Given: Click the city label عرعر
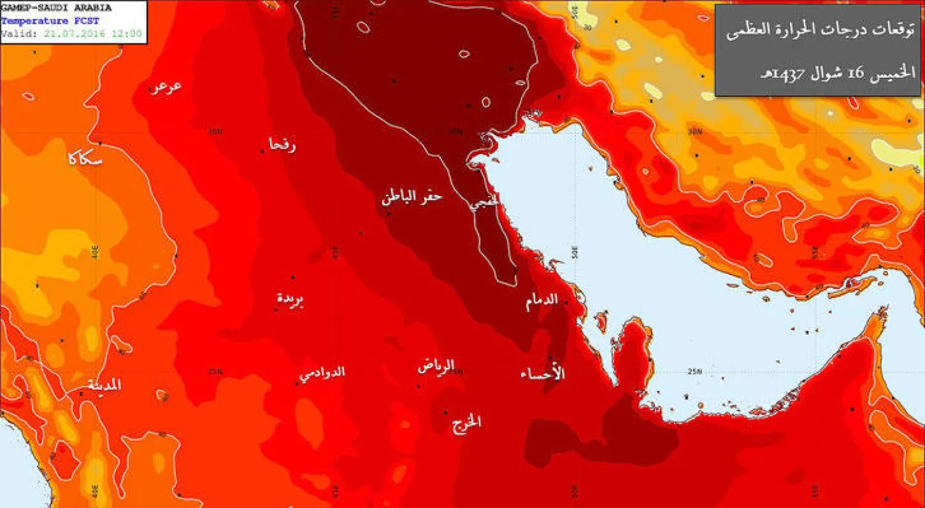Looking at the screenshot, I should [166, 87].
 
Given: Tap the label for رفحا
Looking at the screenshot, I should [282, 145].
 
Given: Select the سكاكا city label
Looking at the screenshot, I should [84, 158].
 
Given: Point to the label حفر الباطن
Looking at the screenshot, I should [412, 197].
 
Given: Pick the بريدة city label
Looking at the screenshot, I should [290, 300].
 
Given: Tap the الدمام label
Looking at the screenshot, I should [541, 301].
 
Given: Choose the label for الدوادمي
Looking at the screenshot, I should [322, 373].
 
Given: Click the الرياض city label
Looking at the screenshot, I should [436, 366].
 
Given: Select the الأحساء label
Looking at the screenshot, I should [543, 374].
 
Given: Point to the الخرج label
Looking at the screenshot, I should [466, 423].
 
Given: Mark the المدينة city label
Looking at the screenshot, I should [104, 385].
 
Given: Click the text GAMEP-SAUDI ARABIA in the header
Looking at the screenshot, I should [56, 8].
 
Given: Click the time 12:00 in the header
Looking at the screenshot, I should [126, 34].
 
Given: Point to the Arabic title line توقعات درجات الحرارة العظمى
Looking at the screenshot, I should [820, 30].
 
